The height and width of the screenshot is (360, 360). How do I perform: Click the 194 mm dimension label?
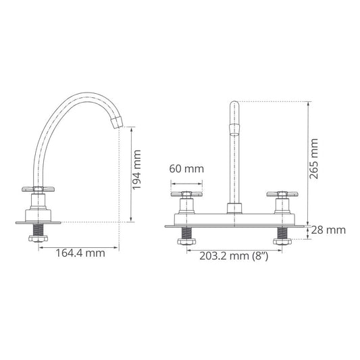click(x=137, y=170)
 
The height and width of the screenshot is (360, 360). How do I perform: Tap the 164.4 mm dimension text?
click(x=80, y=253)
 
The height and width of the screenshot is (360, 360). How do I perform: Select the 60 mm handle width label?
click(x=186, y=169)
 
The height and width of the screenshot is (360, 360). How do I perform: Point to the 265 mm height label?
click(x=313, y=159)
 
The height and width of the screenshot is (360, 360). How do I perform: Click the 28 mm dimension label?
click(x=328, y=230)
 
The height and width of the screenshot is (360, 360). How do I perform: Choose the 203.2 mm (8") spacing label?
click(x=234, y=256)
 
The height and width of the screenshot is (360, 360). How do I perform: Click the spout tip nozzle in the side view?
click(x=117, y=122)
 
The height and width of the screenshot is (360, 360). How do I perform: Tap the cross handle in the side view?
click(x=38, y=189)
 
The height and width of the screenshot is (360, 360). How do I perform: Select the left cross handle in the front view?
click(x=186, y=195)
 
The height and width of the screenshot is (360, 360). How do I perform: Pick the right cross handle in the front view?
click(x=282, y=195)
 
